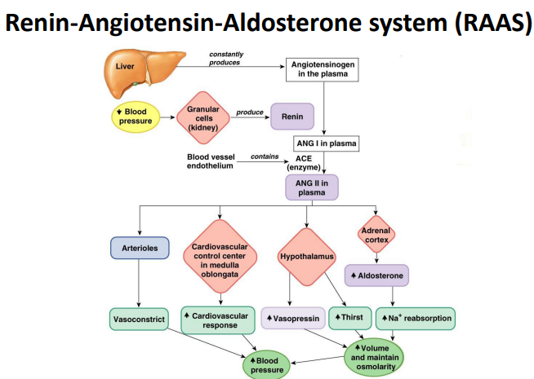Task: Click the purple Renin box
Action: click(x=292, y=117)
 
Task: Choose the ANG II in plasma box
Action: click(x=311, y=187)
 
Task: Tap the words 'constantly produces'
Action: click(x=226, y=58)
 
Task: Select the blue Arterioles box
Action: click(x=139, y=247)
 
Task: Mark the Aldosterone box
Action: click(x=376, y=275)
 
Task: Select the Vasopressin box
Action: click(x=293, y=318)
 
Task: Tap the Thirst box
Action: click(x=350, y=318)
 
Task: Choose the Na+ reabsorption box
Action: click(x=416, y=318)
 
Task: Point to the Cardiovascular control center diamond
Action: click(x=219, y=258)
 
